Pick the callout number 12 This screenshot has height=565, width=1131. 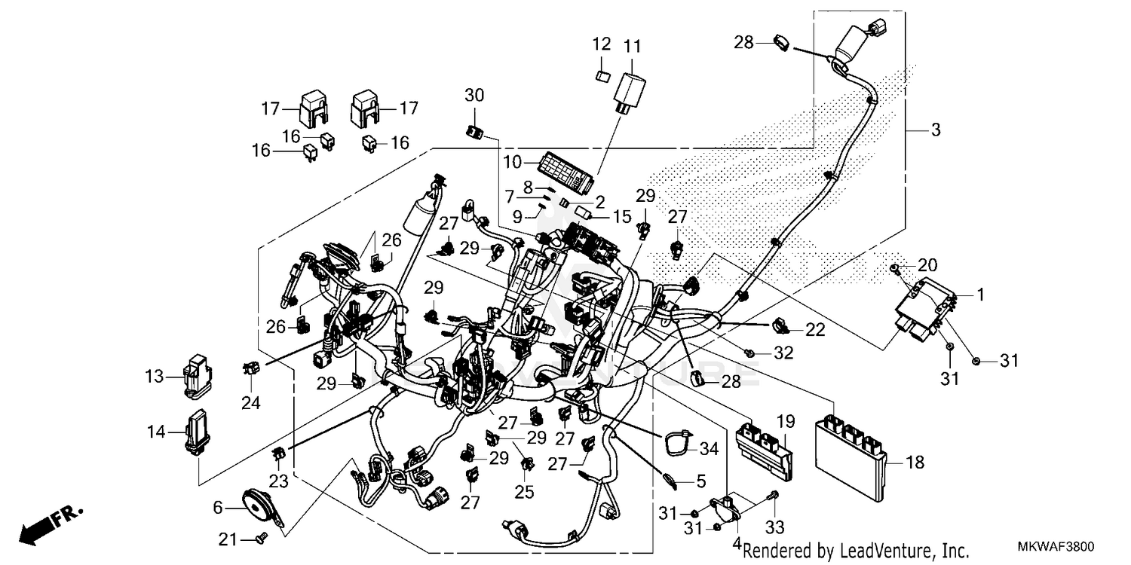[602, 45]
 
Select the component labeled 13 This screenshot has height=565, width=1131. [198, 374]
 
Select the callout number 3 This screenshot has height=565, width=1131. [935, 130]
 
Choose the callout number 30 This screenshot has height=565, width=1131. [474, 96]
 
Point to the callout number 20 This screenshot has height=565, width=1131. [927, 265]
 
